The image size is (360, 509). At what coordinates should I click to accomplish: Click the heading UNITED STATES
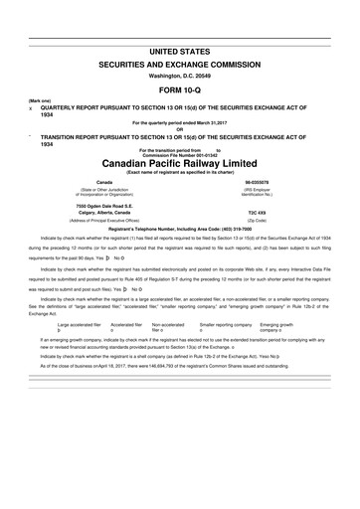coord(179,50)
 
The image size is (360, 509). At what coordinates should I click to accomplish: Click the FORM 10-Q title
coord(179,86)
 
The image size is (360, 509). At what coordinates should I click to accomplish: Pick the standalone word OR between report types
coord(179,128)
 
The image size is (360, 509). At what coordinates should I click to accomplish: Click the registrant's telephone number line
coord(179,229)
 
